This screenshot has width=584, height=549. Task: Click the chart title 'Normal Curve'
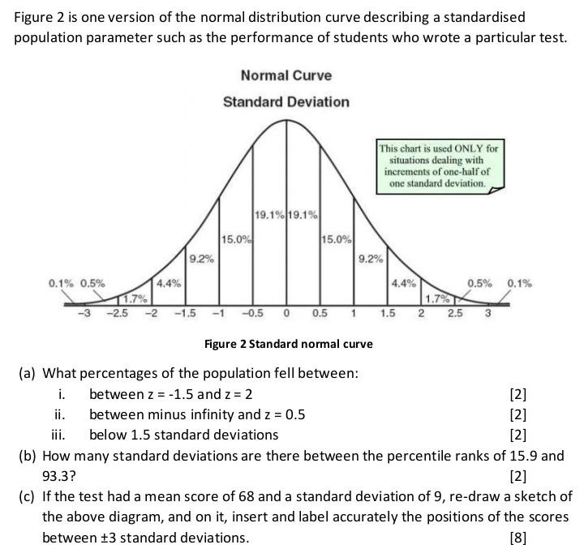click(286, 75)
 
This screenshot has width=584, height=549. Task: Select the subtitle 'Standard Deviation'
click(286, 102)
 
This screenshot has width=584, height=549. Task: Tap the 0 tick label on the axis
click(286, 315)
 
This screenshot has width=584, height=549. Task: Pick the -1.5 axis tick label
click(186, 315)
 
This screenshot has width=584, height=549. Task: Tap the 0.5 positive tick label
click(320, 315)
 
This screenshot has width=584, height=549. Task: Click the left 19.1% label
click(269, 215)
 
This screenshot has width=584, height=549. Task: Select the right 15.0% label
click(337, 239)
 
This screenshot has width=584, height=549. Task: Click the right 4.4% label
click(402, 284)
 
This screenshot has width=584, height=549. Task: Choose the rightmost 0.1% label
click(520, 283)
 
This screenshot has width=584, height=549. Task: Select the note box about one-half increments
click(438, 165)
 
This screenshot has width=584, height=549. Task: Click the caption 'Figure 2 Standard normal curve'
click(288, 344)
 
